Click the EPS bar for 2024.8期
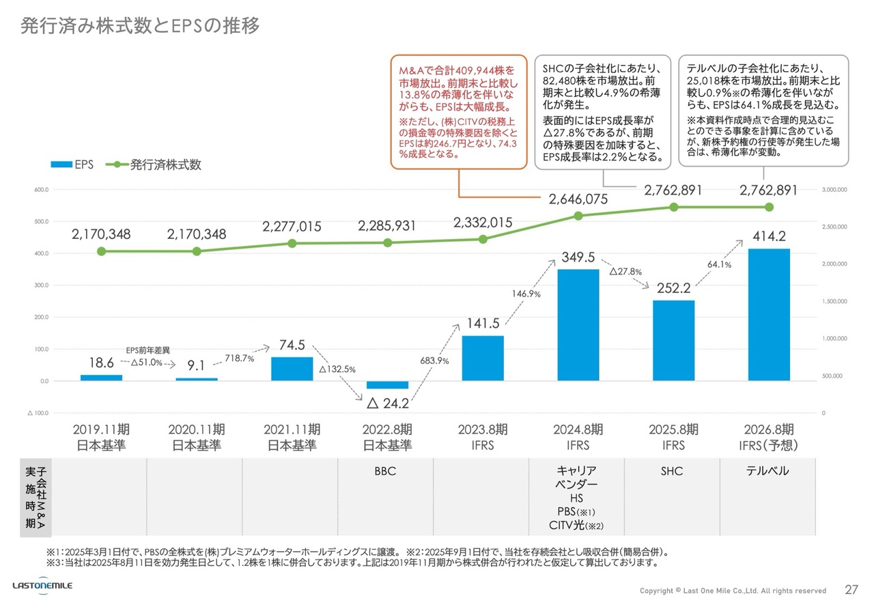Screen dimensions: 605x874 click(x=578, y=324)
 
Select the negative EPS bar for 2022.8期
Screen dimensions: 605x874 click(x=387, y=384)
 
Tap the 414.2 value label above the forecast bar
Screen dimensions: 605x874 click(x=769, y=236)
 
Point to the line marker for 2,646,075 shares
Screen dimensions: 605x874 click(x=578, y=216)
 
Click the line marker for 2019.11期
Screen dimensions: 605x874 click(x=101, y=251)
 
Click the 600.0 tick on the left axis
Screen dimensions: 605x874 click(x=40, y=190)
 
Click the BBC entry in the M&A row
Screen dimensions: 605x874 click(x=385, y=471)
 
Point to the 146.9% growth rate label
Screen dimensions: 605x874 click(x=526, y=294)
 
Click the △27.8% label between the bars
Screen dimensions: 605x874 click(x=625, y=271)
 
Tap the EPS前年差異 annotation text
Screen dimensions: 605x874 click(x=148, y=350)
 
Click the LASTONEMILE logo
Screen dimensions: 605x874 click(x=42, y=586)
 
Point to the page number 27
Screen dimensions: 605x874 click(x=851, y=589)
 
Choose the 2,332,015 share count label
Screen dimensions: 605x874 click(x=483, y=223)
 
